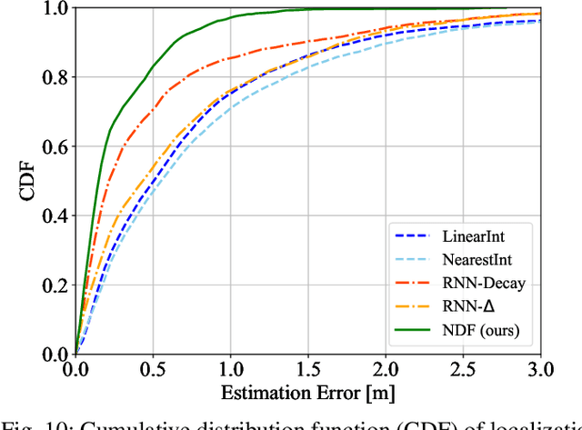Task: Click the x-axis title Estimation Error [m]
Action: (x=308, y=393)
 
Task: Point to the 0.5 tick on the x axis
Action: (x=153, y=369)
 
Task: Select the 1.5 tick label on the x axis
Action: (x=308, y=369)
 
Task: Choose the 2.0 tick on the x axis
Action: (x=386, y=369)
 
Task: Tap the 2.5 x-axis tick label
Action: (x=464, y=369)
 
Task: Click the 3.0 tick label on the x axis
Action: (x=540, y=369)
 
